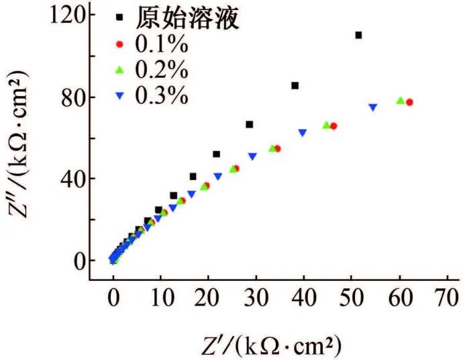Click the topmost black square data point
(358, 35)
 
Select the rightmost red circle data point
(409, 102)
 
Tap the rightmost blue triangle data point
(372, 107)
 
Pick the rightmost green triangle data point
(401, 101)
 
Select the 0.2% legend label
(162, 70)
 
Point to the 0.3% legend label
(162, 95)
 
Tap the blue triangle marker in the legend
(119, 96)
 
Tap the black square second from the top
(295, 85)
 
